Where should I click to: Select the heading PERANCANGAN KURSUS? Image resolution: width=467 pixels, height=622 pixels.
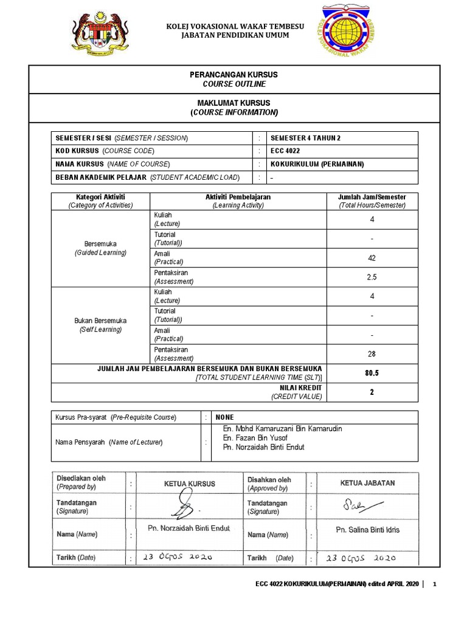coord(234,74)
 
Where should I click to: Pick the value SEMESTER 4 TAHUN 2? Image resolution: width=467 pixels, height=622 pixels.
coord(306,138)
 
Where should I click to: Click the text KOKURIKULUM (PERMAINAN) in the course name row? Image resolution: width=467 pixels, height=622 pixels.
coord(317,164)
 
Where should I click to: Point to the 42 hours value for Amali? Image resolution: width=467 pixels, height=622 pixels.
coord(372,258)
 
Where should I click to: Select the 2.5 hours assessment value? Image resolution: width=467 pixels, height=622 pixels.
coord(372,277)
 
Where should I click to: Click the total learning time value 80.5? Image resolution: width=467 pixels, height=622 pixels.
coord(372,373)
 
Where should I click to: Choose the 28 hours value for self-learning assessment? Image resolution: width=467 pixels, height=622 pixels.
coord(372,354)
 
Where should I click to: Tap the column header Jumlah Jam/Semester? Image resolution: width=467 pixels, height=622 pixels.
coord(372,197)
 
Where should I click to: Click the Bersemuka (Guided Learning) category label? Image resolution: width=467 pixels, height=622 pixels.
coord(100,248)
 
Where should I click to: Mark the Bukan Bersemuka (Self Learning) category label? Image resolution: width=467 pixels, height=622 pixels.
coord(100,324)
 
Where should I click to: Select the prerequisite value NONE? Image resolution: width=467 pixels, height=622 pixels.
coord(224,417)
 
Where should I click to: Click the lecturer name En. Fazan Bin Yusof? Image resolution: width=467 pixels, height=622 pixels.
coord(255,438)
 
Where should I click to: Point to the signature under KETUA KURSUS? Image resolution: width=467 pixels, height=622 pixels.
coord(185,504)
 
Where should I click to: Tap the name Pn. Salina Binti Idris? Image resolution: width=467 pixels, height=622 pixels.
coord(368,530)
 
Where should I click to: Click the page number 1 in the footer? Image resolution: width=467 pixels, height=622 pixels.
coord(434,584)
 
